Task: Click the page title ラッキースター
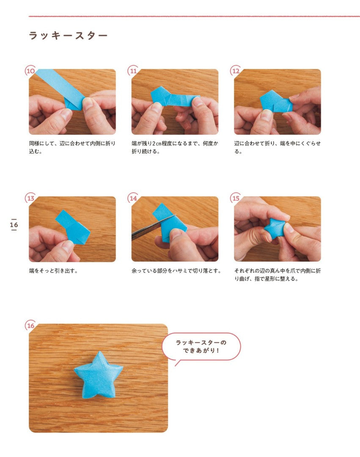point(68,36)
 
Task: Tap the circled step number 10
point(30,71)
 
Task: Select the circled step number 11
point(133,71)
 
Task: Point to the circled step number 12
point(236,71)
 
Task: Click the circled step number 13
point(30,198)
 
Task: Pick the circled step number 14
point(133,198)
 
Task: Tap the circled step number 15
point(236,198)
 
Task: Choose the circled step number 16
point(30,325)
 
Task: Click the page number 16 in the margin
point(14,225)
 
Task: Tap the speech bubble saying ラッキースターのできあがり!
point(201,347)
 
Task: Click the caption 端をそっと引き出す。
point(53,271)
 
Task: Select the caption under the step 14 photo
point(176,271)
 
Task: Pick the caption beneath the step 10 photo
point(72,147)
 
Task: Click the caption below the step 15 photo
point(278,275)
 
